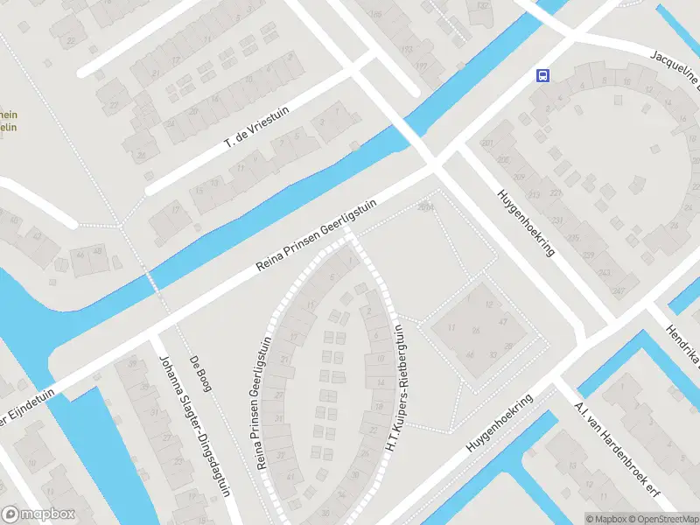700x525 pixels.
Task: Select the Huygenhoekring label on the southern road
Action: point(507,423)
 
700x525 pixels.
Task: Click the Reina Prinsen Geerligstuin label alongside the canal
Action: point(317,234)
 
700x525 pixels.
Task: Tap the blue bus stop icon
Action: point(543,75)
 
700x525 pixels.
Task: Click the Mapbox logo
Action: point(38,514)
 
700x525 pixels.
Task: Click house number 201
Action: point(487,143)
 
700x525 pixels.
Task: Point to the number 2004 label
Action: point(426,206)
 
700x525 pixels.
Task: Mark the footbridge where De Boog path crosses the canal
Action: point(154,282)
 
